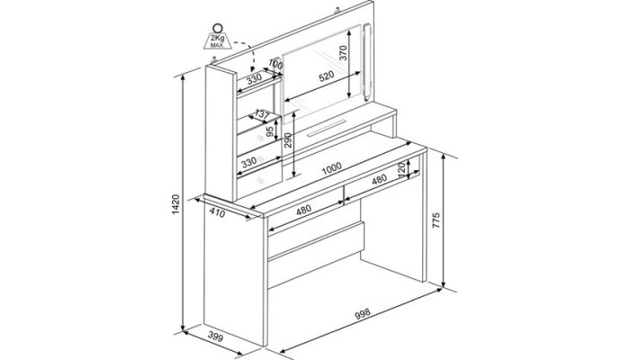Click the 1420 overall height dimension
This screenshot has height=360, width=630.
coord(175,204)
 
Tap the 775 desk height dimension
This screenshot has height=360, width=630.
coord(436,220)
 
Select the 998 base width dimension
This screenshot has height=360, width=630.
coord(362,314)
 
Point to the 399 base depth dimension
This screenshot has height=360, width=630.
coord(215,337)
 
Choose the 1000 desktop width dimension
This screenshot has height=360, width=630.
coord(331,167)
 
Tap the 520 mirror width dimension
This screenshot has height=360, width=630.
coord(326,76)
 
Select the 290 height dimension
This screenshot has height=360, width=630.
coord(288,140)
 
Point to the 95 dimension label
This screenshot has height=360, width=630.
coord(270,130)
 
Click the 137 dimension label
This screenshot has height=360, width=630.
coord(262,115)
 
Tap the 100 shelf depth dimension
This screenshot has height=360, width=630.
coord(275,64)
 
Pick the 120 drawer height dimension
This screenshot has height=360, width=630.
coord(400,169)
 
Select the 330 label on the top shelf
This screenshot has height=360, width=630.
coord(254,79)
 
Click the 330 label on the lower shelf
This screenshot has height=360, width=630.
coord(249,163)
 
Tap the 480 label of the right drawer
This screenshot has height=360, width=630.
coord(379,179)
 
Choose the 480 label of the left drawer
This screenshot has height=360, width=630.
coord(303,210)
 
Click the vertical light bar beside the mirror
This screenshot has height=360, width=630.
coord(366,62)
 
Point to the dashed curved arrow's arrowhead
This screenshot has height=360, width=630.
coord(253,69)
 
